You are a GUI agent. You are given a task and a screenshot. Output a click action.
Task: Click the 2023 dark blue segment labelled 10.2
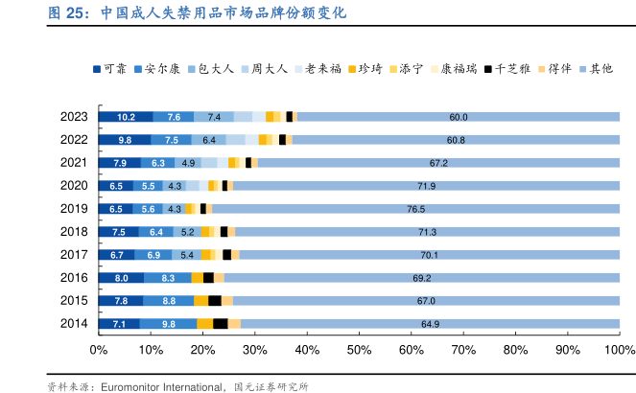click(x=126, y=117)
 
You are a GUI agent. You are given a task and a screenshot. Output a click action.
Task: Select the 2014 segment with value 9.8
click(x=168, y=324)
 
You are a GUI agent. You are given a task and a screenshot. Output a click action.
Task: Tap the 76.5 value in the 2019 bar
click(x=415, y=209)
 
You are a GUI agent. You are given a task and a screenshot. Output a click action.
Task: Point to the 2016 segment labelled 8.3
click(x=168, y=278)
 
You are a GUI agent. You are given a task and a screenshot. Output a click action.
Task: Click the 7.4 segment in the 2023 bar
click(x=214, y=117)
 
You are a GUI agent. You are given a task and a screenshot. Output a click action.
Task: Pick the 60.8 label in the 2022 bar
click(x=456, y=140)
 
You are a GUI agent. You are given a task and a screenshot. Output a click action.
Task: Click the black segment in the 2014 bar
click(x=220, y=324)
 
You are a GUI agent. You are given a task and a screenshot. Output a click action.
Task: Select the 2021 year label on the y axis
click(x=74, y=163)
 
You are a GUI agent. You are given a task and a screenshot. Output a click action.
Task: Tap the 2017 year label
click(x=74, y=255)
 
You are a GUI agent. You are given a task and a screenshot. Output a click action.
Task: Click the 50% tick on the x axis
click(x=359, y=349)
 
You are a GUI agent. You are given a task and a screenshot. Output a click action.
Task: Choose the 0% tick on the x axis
click(x=98, y=349)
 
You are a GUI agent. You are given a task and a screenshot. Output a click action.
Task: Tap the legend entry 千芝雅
click(x=513, y=69)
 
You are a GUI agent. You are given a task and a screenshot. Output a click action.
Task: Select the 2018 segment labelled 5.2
click(x=188, y=232)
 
